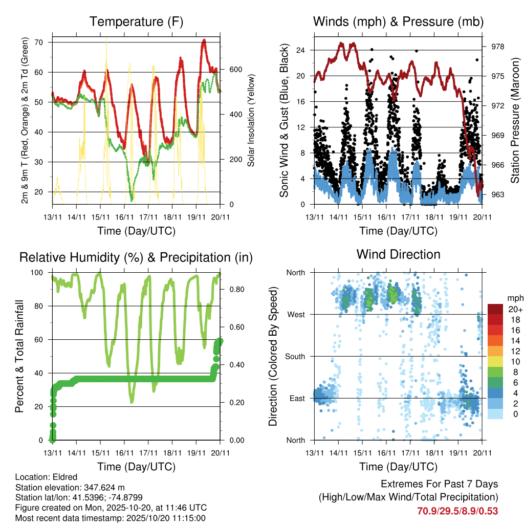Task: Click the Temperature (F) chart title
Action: click(x=136, y=22)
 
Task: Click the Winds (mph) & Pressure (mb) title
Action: click(x=398, y=22)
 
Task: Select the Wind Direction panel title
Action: click(x=398, y=254)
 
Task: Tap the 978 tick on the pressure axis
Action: click(x=498, y=47)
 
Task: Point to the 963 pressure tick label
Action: click(x=498, y=194)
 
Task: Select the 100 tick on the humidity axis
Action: click(x=39, y=272)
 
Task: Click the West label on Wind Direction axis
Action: click(x=295, y=314)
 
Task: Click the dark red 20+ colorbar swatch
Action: click(x=496, y=309)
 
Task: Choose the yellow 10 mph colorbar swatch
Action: click(x=496, y=360)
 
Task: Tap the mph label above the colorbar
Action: click(x=514, y=297)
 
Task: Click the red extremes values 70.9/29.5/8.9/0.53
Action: click(x=457, y=511)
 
